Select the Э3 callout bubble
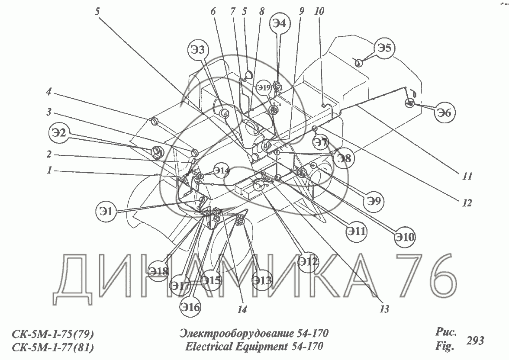tap(199, 51)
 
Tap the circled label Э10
tap(405, 237)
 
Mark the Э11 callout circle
tap(356, 232)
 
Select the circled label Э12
tap(308, 261)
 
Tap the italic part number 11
tap(467, 176)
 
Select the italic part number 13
tap(383, 309)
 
